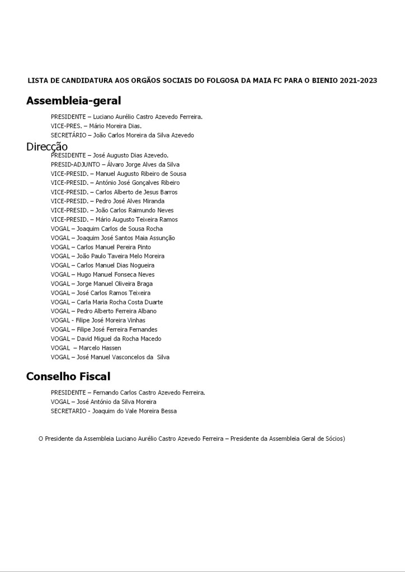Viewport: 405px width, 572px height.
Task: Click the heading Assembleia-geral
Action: point(73,101)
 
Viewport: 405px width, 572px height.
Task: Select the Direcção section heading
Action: point(47,146)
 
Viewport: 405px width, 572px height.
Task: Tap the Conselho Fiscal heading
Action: point(68,376)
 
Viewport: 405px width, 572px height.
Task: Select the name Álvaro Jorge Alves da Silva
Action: point(143,165)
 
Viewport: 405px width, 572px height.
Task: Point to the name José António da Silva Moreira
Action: point(116,402)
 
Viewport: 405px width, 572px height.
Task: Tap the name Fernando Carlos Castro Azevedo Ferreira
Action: point(149,393)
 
